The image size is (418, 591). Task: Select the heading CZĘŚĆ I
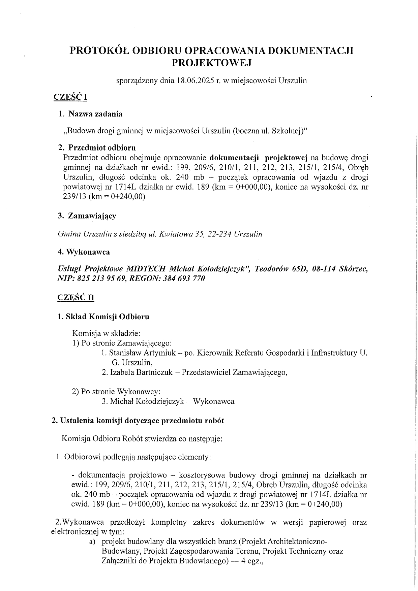click(70, 97)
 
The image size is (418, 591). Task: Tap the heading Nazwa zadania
click(95, 114)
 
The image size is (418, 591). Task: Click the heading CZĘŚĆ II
click(76, 297)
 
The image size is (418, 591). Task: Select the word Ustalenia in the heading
click(77, 421)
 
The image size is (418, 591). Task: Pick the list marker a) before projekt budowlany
click(92, 542)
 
